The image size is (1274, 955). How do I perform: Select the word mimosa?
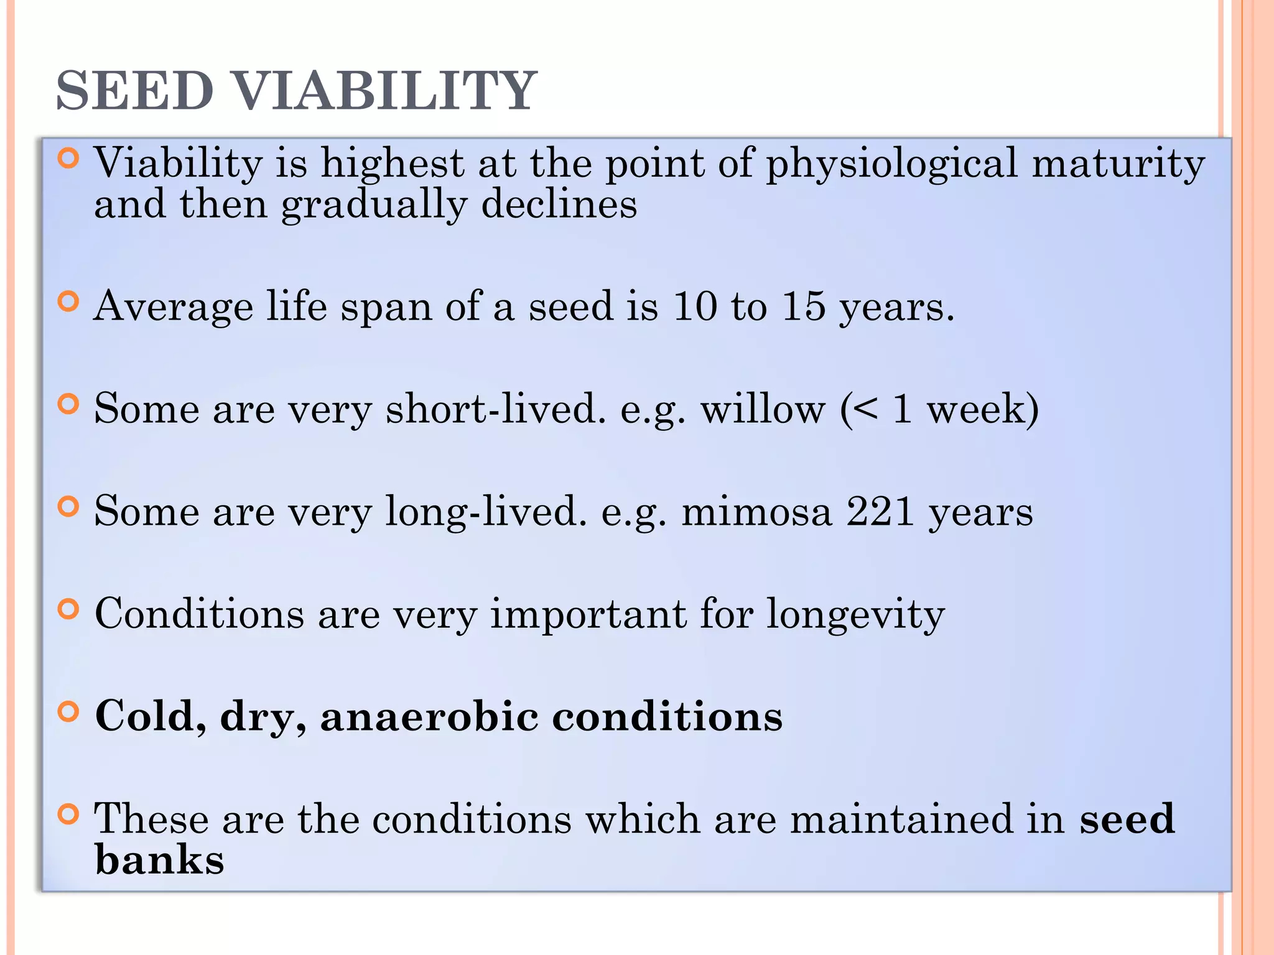click(756, 512)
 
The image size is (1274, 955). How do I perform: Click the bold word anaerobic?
click(429, 716)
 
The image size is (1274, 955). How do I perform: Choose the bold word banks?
click(159, 860)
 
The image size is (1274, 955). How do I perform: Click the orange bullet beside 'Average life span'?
click(68, 302)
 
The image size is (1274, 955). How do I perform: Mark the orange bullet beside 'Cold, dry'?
click(68, 712)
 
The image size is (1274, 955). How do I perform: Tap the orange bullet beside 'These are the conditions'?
click(68, 814)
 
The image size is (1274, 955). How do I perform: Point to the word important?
click(588, 614)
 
